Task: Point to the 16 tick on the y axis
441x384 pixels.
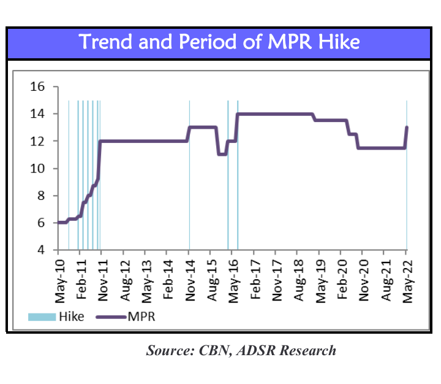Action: (x=38, y=86)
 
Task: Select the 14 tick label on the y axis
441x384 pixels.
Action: (x=38, y=114)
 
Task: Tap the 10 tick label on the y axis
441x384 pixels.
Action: (x=38, y=169)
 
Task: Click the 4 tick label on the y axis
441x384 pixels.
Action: (x=41, y=250)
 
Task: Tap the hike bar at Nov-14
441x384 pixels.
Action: (x=189, y=184)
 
